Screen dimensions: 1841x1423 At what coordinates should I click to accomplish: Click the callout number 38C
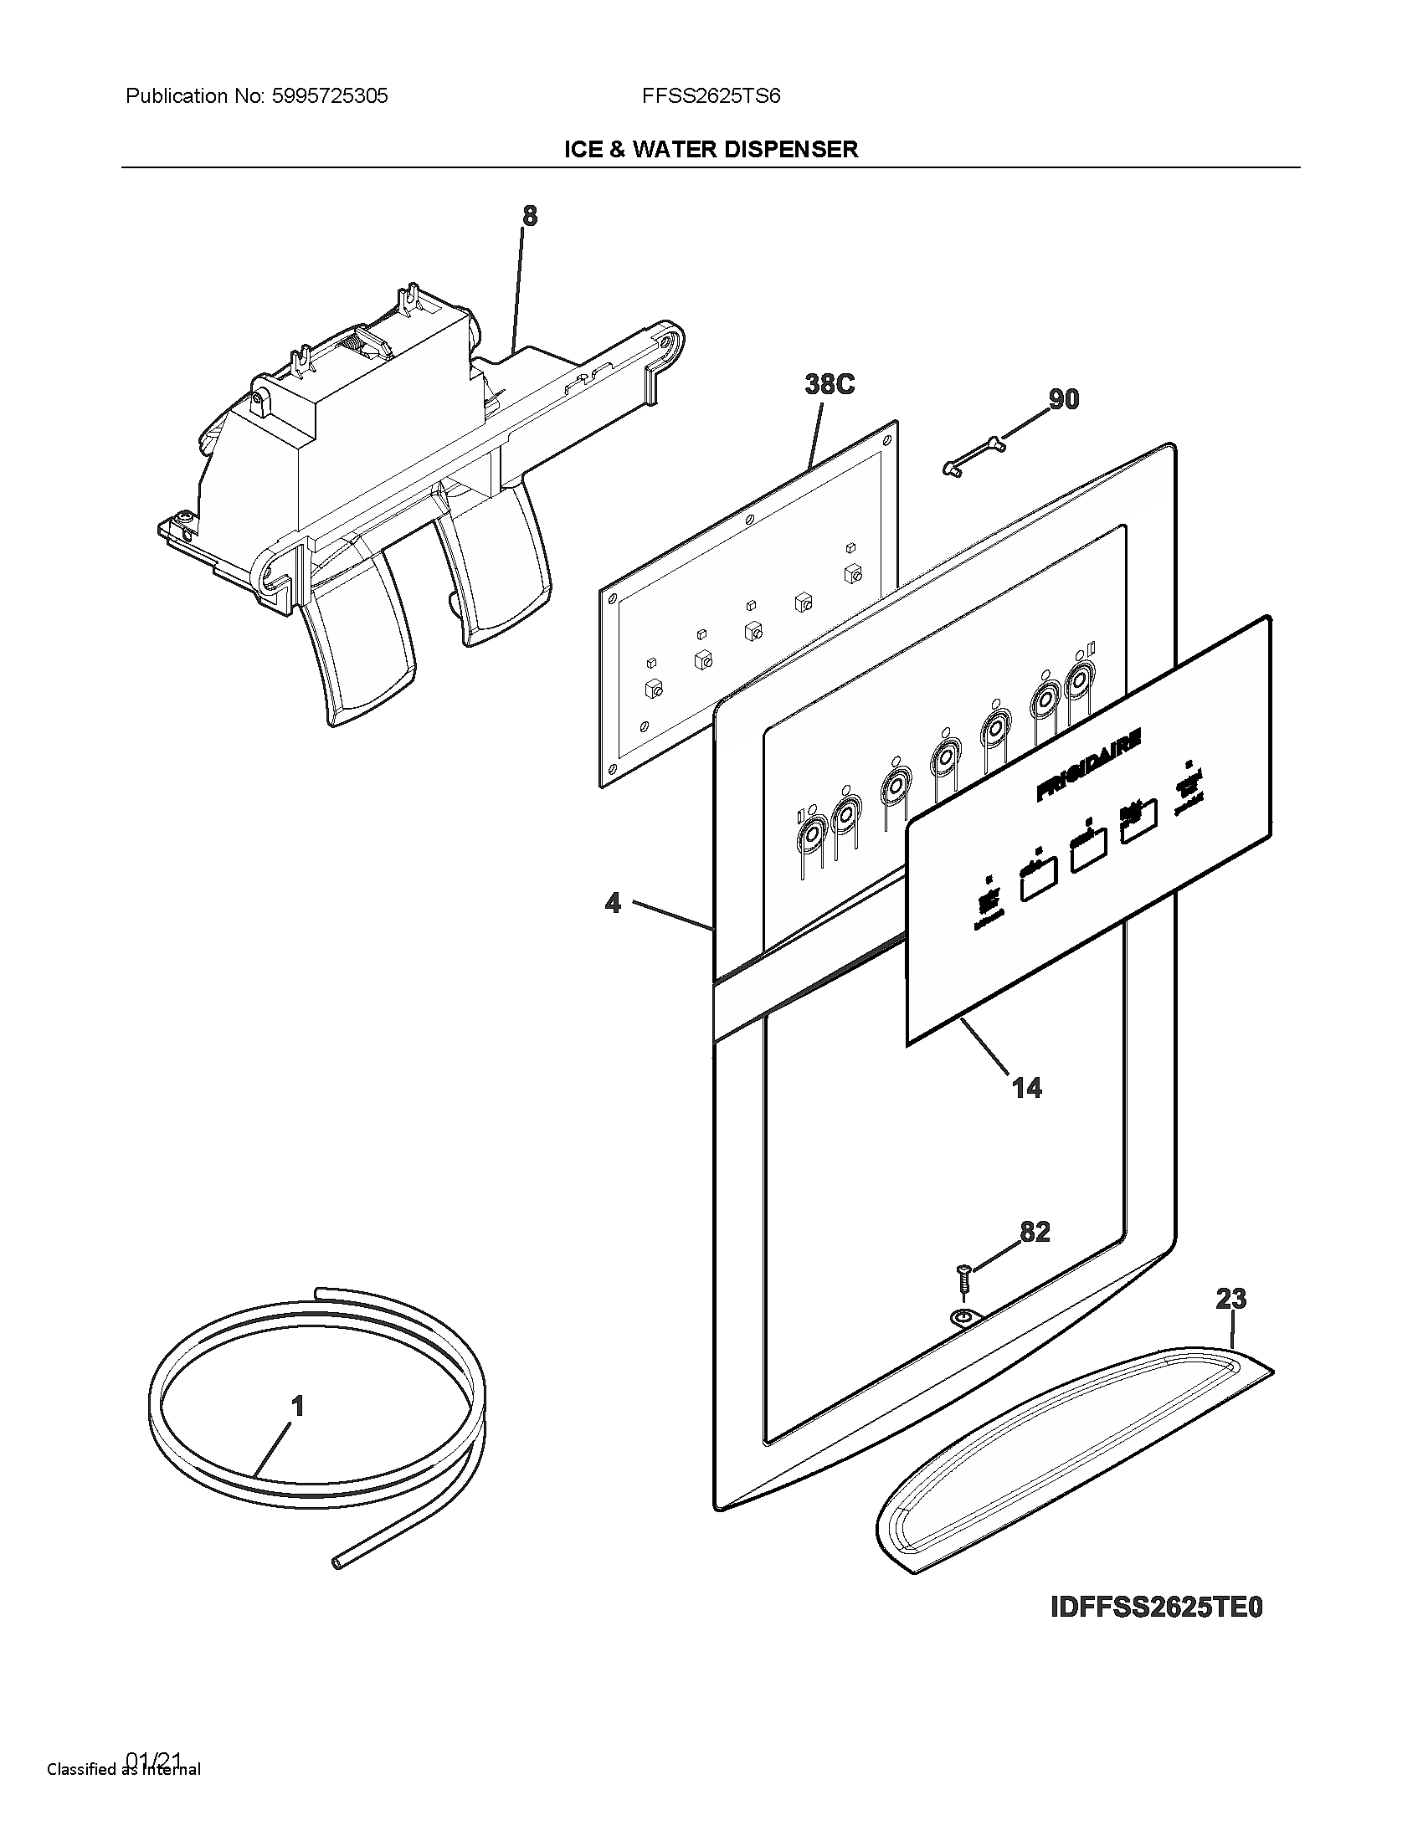[x=830, y=384]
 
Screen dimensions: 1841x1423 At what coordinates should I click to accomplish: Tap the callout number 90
[x=1063, y=398]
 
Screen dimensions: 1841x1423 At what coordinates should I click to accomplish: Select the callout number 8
[x=529, y=216]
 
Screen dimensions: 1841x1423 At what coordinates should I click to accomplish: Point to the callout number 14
[x=1026, y=1088]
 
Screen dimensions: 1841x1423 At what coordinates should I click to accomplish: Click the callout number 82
[x=1035, y=1232]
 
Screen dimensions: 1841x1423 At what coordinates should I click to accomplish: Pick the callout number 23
[x=1230, y=1299]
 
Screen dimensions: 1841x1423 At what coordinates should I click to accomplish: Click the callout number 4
[x=613, y=903]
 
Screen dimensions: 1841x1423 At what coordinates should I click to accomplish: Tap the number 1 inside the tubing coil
[x=297, y=1406]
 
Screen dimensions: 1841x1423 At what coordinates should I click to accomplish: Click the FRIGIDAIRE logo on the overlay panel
[x=1088, y=765]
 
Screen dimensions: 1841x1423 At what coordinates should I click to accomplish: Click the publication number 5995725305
[x=330, y=96]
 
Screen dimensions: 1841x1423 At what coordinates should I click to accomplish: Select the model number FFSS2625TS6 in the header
[x=711, y=96]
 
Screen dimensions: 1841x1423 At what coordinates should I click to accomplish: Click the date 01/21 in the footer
[x=153, y=1758]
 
